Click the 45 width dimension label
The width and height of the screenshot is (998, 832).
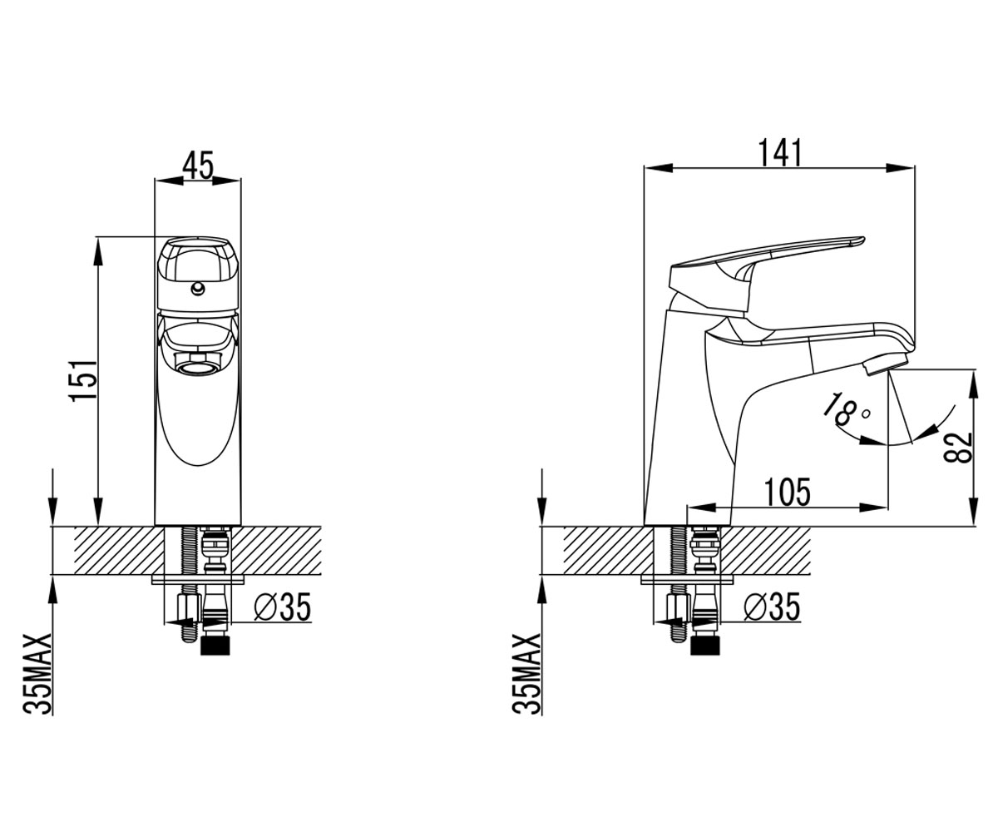pyautogui.click(x=197, y=165)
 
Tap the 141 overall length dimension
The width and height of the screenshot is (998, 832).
pyautogui.click(x=780, y=153)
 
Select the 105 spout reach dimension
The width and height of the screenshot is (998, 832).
pyautogui.click(x=788, y=492)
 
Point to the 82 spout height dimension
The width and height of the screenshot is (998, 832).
pyautogui.click(x=959, y=448)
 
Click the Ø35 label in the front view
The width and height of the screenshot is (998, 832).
pyautogui.click(x=283, y=607)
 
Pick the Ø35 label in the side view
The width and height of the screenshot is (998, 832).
pyautogui.click(x=772, y=607)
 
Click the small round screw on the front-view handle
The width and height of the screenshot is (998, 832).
pyautogui.click(x=197, y=289)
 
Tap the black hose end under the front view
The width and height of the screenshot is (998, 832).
pyautogui.click(x=215, y=645)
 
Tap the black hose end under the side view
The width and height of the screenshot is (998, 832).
pyautogui.click(x=705, y=645)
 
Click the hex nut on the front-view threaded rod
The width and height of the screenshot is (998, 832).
pyautogui.click(x=188, y=609)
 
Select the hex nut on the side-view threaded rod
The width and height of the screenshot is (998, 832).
pyautogui.click(x=678, y=609)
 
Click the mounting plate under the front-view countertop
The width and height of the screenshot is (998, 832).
pyautogui.click(x=198, y=579)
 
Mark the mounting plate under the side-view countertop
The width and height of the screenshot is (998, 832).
pyautogui.click(x=687, y=579)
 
